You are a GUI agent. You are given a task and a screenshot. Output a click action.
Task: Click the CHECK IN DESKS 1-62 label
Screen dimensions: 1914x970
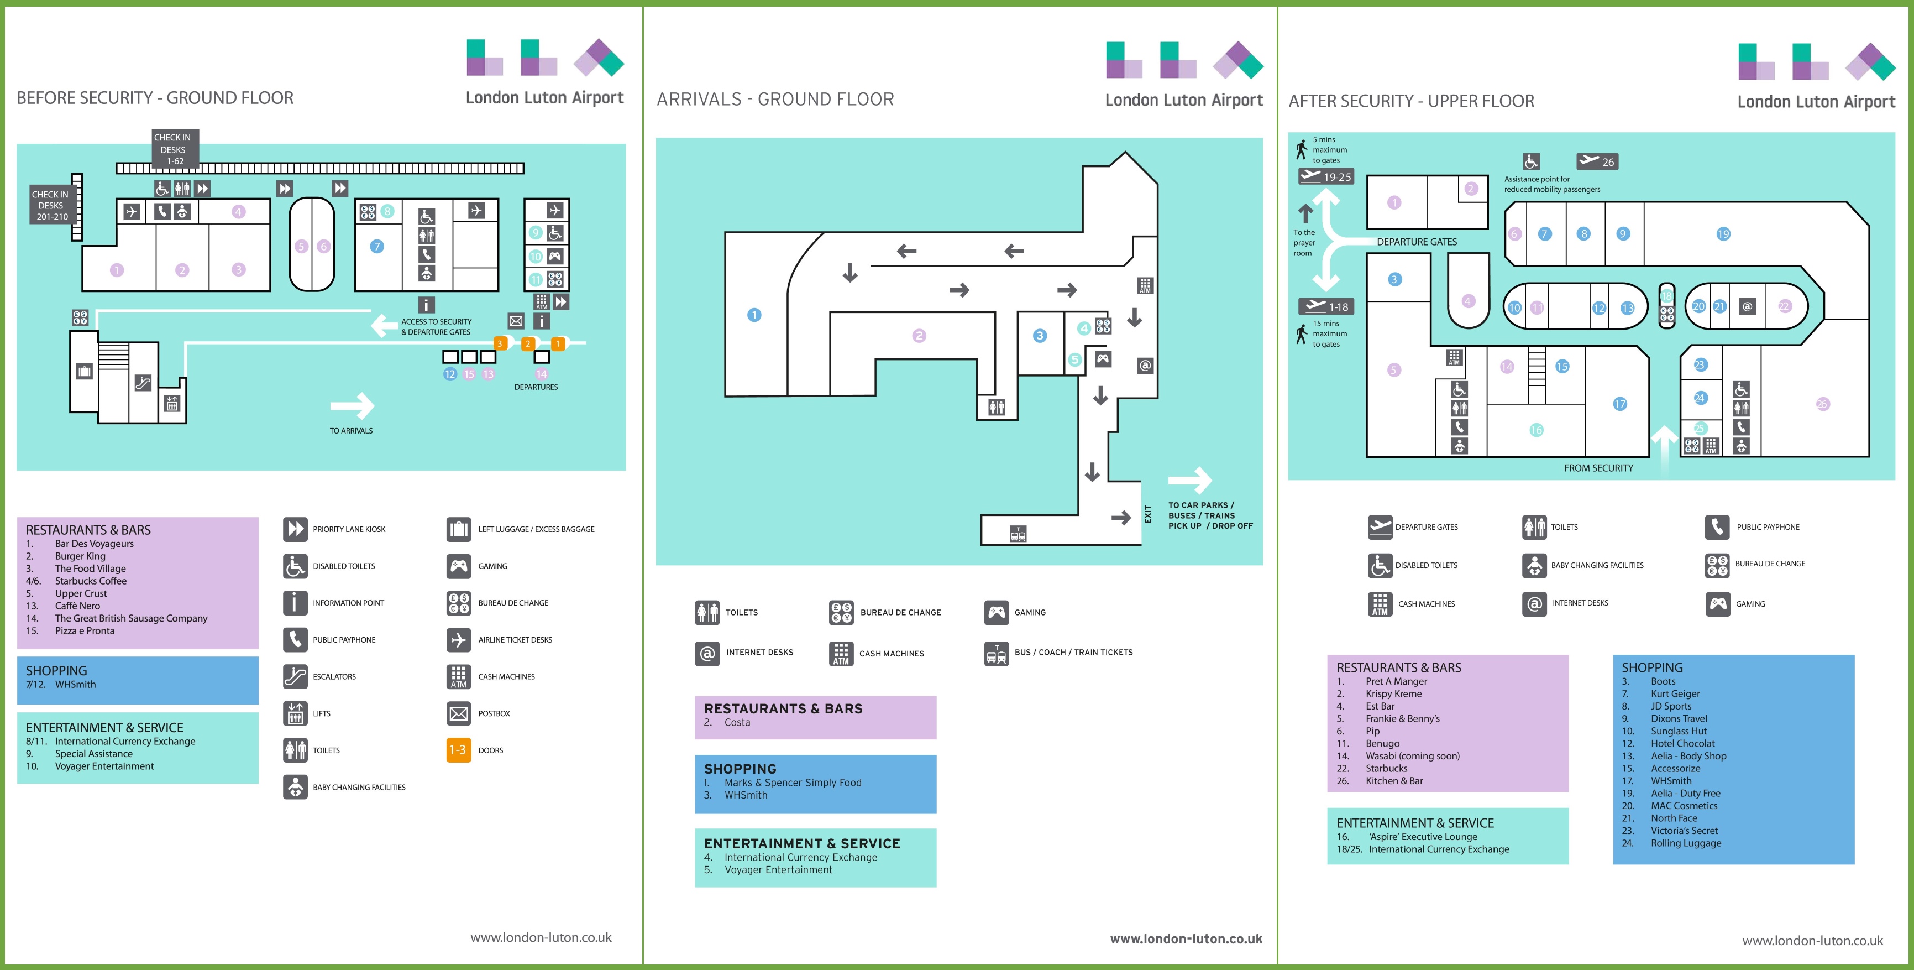pyautogui.click(x=173, y=149)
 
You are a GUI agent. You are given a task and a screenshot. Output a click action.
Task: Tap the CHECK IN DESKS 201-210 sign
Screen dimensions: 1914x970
pyautogui.click(x=50, y=205)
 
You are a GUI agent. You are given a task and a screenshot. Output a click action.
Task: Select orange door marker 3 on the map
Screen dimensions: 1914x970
pyautogui.click(x=501, y=343)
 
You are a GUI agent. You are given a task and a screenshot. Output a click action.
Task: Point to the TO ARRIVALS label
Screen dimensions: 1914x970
pyautogui.click(x=352, y=430)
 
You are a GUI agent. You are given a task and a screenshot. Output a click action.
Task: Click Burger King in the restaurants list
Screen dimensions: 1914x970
pyautogui.click(x=80, y=556)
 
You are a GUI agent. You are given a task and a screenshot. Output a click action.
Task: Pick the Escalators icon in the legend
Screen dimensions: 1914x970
pyautogui.click(x=295, y=676)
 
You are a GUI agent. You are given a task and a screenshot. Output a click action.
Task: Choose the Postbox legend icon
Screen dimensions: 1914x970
pyautogui.click(x=458, y=713)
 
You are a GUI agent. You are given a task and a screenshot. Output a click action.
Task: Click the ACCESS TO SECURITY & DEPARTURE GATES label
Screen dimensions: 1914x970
pyautogui.click(x=436, y=327)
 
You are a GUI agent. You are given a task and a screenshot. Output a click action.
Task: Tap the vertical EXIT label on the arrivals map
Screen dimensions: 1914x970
pyautogui.click(x=1148, y=514)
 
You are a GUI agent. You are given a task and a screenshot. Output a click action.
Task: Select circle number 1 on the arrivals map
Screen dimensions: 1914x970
pyautogui.click(x=754, y=315)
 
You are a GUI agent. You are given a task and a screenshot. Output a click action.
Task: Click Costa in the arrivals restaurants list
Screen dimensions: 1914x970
pyautogui.click(x=737, y=722)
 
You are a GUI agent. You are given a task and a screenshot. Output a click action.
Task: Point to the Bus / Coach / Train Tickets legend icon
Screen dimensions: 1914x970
pyautogui.click(x=997, y=653)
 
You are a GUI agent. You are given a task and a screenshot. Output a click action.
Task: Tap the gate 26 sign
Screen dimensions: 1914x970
pyautogui.click(x=1597, y=161)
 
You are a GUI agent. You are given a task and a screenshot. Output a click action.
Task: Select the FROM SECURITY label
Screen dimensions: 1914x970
pyautogui.click(x=1598, y=468)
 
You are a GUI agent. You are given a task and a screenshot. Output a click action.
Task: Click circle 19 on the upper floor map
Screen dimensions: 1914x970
pyautogui.click(x=1723, y=234)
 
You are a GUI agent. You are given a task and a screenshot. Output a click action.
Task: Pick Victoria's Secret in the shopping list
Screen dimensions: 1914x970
pyautogui.click(x=1685, y=831)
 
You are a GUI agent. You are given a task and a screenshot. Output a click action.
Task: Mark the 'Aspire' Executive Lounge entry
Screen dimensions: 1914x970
pyautogui.click(x=1423, y=837)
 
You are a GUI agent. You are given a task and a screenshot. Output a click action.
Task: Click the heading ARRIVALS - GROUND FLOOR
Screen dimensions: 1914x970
pyautogui.click(x=775, y=100)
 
